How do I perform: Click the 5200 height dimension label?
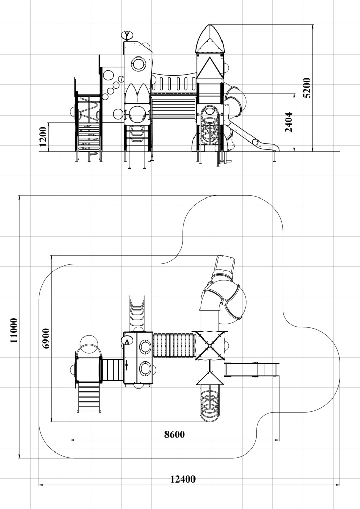[307, 88]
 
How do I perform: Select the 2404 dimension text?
[289, 122]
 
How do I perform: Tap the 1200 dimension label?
[43, 136]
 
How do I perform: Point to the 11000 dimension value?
[14, 330]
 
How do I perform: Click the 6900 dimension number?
[46, 338]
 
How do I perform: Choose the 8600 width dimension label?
[174, 434]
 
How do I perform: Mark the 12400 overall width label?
[183, 479]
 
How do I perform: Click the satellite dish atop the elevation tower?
[127, 35]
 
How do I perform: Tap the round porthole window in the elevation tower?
[140, 64]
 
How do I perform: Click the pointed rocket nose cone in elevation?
[210, 39]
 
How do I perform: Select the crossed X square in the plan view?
[210, 346]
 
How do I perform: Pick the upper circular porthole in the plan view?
[145, 347]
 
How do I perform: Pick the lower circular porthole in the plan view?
[145, 369]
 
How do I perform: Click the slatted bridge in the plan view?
[174, 346]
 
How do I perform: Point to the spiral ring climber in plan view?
[210, 403]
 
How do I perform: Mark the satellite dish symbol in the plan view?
[127, 340]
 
